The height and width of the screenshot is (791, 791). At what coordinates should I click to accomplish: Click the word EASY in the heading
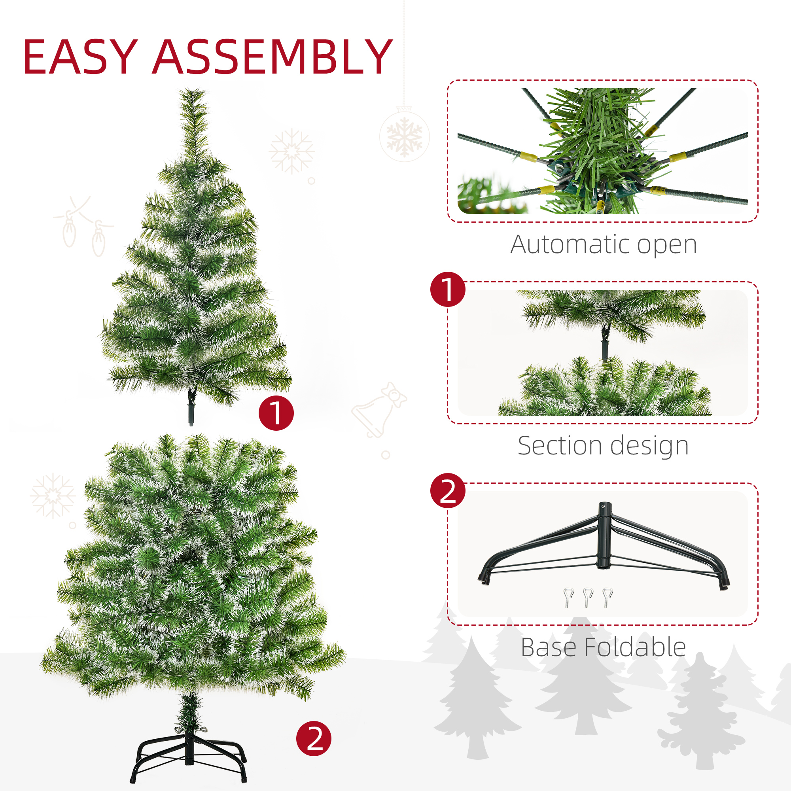80,57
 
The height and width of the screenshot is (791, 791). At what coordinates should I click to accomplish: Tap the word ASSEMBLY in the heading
272,57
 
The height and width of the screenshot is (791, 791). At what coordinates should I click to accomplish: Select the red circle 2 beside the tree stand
314,738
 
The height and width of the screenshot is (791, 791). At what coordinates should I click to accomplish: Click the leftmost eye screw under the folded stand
568,597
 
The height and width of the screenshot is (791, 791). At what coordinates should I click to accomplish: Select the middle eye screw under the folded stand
588,597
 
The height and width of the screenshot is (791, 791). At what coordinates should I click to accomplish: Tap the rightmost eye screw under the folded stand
607,597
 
